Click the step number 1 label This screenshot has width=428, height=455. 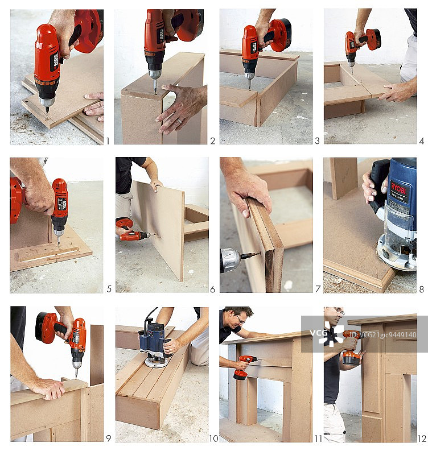tap(108, 140)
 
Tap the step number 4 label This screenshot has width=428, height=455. tap(421, 140)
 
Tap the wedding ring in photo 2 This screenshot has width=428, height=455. tap(178, 121)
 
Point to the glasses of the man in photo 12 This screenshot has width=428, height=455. tap(338, 311)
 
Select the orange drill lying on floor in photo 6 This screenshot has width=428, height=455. tap(132, 230)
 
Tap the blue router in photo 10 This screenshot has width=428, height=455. tap(155, 341)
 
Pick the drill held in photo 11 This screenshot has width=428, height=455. tap(244, 366)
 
